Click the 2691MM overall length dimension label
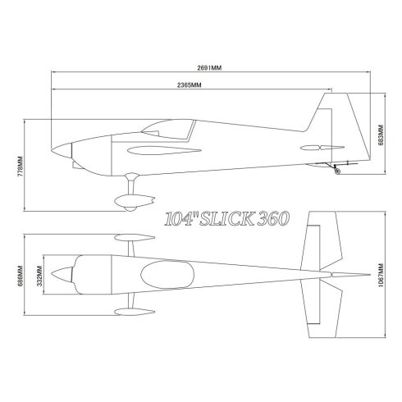211,68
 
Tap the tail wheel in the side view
336,171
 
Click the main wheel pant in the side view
130,201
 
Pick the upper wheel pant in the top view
133,238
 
